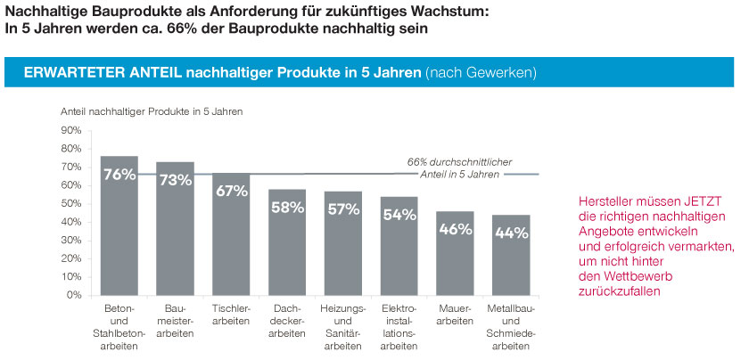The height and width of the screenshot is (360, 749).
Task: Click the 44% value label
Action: pos(511,233)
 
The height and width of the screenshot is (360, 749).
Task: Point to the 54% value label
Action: pos(399,215)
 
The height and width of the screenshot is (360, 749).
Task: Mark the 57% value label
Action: pos(342,209)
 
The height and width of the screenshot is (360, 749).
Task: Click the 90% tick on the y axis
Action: pos(70,130)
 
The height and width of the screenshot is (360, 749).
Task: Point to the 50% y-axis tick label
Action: pos(70,203)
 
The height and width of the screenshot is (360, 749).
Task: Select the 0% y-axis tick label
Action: pos(74,295)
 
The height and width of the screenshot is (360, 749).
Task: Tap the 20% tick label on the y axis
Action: pos(70,258)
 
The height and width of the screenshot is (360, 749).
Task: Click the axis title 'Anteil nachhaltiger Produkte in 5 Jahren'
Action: pos(151,112)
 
